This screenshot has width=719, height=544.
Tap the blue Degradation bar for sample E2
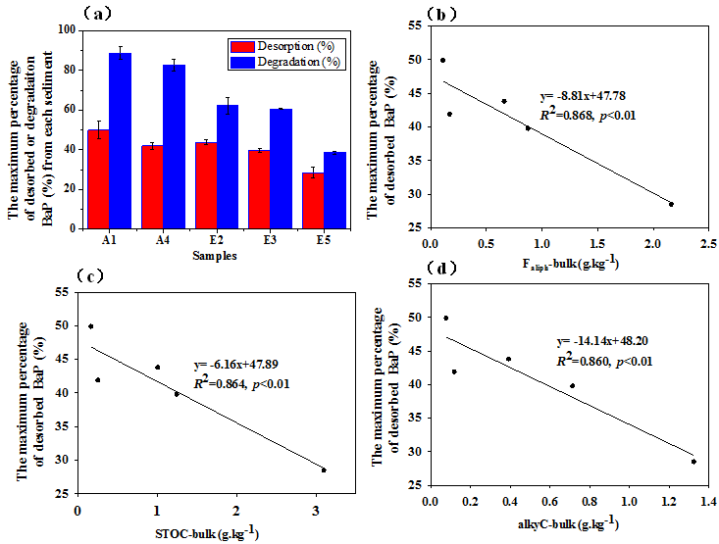[228, 166]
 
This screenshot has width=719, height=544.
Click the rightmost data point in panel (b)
[671, 204]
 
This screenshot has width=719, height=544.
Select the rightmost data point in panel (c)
[324, 470]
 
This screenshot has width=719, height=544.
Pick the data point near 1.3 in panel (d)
[693, 461]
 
